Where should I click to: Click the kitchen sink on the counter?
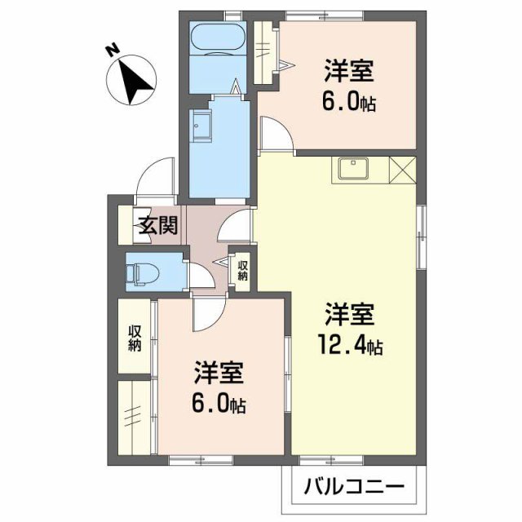tap(352, 169)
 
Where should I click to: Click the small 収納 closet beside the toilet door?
tap(242, 269)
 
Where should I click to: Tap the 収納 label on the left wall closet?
tap(135, 338)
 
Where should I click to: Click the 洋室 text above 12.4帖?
tap(351, 314)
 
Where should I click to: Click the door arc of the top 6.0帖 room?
tap(275, 135)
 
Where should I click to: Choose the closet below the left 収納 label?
tap(135, 415)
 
